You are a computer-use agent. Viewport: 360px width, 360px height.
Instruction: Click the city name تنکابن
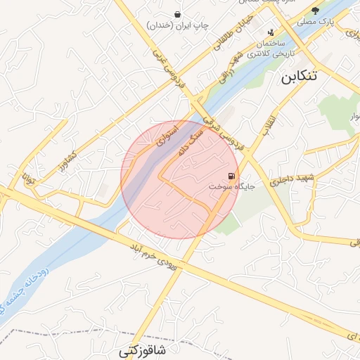300,77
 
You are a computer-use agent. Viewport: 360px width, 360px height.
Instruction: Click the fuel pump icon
231,176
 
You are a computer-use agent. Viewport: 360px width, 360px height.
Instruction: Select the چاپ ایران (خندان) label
178,25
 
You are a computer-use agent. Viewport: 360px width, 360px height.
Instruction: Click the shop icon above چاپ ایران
178,13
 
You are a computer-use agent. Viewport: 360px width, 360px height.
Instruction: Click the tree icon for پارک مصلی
316,10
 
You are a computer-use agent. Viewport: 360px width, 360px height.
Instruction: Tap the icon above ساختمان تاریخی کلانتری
271,31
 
